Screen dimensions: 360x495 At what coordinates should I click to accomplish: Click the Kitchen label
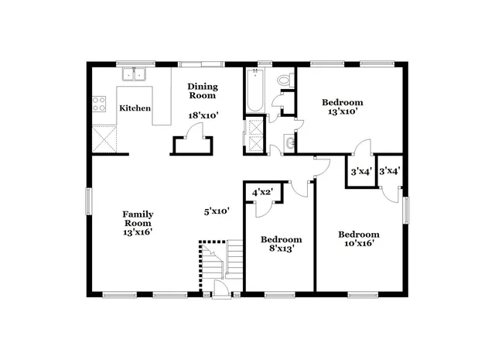[x=135, y=108]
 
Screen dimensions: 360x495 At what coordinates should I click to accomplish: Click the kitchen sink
[x=137, y=75]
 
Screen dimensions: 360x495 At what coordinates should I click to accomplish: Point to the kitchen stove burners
[x=99, y=104]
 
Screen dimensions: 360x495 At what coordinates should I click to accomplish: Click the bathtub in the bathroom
[x=254, y=91]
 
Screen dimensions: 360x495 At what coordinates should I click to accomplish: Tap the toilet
[x=283, y=80]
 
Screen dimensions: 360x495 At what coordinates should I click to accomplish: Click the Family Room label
[x=138, y=219]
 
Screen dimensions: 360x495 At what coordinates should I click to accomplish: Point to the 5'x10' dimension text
[x=217, y=211]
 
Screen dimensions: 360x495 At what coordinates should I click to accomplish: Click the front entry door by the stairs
[x=221, y=290]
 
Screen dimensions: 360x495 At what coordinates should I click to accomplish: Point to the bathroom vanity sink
[x=288, y=142]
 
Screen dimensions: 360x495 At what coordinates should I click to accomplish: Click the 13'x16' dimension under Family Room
[x=138, y=230]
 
